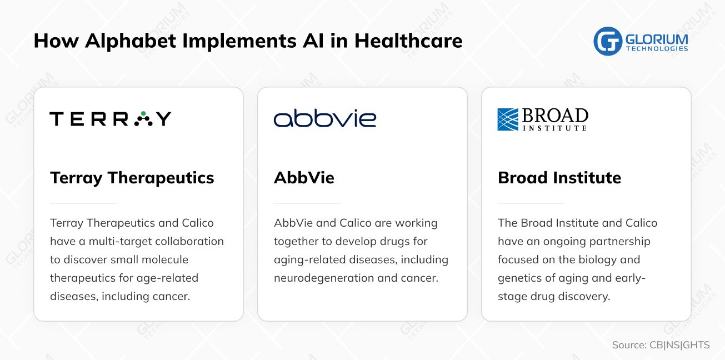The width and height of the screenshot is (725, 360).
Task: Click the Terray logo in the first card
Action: click(x=110, y=119)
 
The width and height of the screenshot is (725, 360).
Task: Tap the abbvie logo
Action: click(x=325, y=119)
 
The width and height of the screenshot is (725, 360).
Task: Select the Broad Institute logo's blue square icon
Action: click(x=508, y=119)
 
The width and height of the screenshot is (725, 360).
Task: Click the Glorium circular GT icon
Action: click(x=607, y=42)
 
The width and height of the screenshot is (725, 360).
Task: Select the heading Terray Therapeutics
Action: click(x=132, y=178)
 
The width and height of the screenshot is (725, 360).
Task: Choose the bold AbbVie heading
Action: click(x=304, y=178)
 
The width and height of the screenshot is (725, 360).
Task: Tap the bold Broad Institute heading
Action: click(x=559, y=178)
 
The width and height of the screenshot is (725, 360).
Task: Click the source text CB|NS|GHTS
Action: click(x=679, y=345)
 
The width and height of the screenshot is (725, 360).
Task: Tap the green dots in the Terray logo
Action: click(x=143, y=117)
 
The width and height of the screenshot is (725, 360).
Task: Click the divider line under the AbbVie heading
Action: click(x=307, y=203)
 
